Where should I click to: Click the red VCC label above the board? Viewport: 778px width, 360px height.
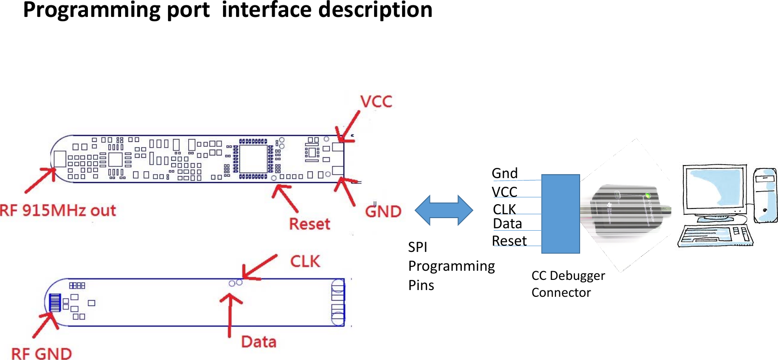point(376,102)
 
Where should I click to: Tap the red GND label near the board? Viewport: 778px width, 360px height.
point(383,211)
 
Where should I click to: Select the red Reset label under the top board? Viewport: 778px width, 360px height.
point(309,224)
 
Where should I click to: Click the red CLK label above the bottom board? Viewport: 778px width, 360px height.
point(305,262)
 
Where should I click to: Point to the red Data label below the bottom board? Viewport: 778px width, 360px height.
point(259,342)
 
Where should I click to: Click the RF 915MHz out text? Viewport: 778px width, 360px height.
point(58,210)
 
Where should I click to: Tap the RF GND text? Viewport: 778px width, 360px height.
point(42,353)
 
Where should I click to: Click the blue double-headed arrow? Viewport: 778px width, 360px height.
point(444,210)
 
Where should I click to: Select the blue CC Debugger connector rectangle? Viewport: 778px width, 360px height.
point(560,214)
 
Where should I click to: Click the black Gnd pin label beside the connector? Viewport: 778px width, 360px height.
point(504,173)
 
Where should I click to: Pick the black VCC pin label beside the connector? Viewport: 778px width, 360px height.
point(504,192)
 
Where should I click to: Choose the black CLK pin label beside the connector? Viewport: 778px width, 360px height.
point(504,209)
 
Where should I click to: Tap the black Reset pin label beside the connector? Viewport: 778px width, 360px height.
point(509,241)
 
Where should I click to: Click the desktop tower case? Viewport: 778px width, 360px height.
point(765,195)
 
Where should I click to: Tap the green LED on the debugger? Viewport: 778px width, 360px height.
point(648,195)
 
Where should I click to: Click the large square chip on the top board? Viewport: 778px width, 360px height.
point(253,159)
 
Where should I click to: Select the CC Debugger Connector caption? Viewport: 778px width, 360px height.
point(568,284)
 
